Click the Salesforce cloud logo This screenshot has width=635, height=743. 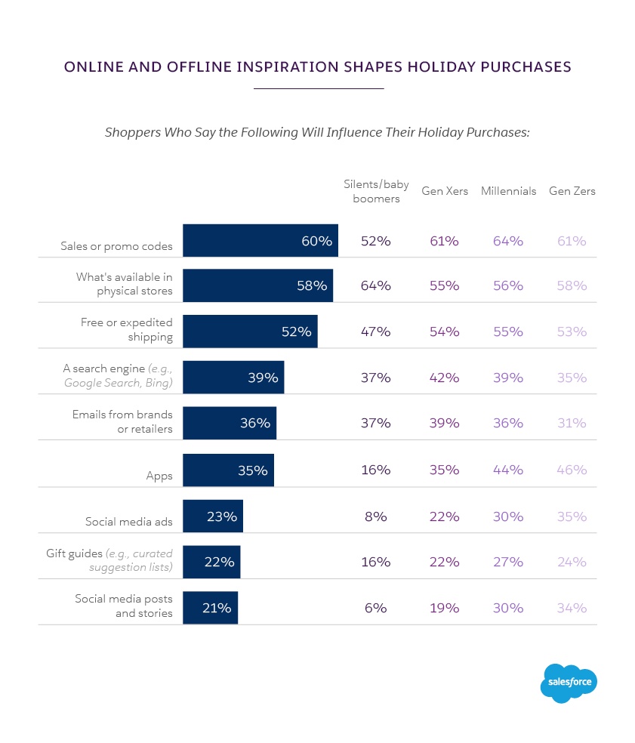[569, 683]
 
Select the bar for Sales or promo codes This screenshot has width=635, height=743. [260, 241]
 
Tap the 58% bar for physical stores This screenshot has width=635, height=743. [257, 285]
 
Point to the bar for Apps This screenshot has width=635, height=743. [228, 470]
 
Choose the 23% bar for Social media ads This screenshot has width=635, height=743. [213, 516]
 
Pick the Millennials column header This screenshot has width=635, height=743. [508, 191]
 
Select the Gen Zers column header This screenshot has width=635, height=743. [572, 191]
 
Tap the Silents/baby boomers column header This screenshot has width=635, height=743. [376, 191]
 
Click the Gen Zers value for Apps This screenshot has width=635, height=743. [572, 470]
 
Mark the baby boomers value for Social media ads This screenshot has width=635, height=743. [375, 516]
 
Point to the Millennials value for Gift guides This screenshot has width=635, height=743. [508, 562]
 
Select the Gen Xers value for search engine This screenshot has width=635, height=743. [444, 378]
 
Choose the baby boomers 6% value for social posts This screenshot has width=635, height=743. [375, 608]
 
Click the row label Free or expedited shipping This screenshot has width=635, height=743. [127, 330]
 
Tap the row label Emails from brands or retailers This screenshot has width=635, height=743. [122, 422]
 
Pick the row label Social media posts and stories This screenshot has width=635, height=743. [124, 606]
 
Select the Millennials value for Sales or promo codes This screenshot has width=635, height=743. [508, 241]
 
